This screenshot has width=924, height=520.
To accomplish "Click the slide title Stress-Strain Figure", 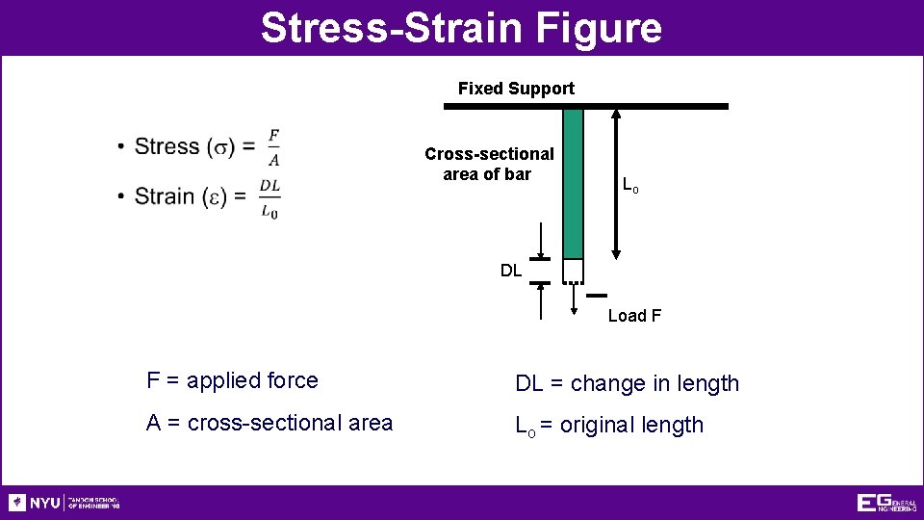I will pos(461,27).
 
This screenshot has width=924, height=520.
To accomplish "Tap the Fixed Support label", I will pos(516,89).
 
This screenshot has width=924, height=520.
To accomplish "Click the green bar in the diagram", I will pos(573,183).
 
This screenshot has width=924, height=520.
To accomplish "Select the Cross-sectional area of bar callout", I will pos(489,164).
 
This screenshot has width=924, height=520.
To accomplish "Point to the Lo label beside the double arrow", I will pos(629,185).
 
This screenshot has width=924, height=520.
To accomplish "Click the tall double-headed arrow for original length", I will pos(616,183).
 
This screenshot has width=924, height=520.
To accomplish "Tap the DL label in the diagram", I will pos(511,271).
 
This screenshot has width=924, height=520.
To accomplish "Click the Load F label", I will pos(634,316).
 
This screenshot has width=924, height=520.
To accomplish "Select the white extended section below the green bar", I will pos(573,271).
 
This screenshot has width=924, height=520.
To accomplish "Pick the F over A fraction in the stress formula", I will pos(274,147).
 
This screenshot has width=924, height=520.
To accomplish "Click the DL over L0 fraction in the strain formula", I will pos(270,197).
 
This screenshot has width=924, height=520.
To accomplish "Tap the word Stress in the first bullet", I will pos(167,146).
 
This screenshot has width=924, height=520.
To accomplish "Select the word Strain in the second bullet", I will pos(166,196).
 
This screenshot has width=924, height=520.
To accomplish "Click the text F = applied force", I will pos(232,380).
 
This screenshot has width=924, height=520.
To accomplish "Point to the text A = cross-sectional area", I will pos(269,423).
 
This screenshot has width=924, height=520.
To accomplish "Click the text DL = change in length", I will pos(627,383).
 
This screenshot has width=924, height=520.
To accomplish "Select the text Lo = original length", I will pos(609,425).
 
